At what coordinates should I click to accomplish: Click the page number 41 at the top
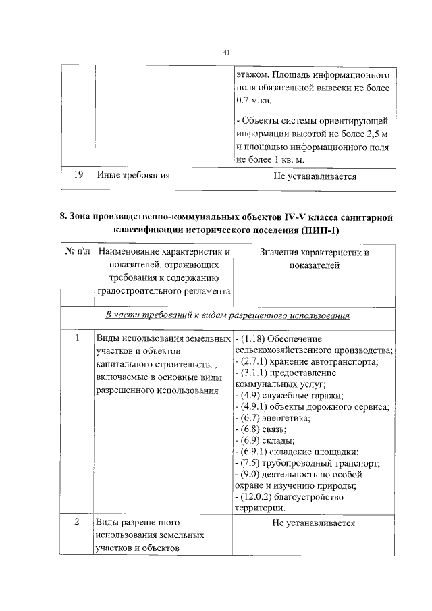[227, 53]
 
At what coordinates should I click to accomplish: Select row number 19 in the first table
[78, 176]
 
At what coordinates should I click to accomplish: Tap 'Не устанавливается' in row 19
[314, 176]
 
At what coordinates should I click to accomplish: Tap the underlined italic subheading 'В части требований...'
[227, 315]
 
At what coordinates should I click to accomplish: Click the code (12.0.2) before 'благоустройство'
[259, 497]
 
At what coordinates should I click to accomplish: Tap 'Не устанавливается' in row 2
[314, 523]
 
